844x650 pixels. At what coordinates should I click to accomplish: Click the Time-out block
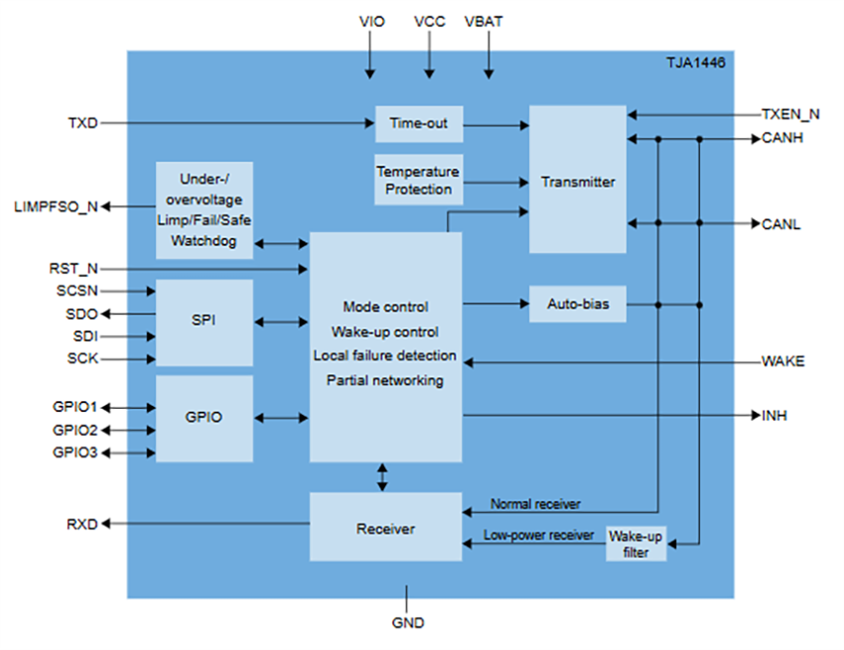(x=418, y=124)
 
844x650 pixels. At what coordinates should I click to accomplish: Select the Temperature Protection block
(x=418, y=180)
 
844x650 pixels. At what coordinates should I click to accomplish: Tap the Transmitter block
(x=577, y=181)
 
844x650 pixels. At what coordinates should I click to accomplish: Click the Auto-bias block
(x=577, y=305)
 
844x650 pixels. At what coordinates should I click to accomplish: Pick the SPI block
(x=204, y=322)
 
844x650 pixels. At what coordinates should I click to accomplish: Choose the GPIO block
(x=204, y=418)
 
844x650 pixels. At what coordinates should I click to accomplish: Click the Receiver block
(x=385, y=528)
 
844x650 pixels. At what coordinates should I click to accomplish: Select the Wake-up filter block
(x=635, y=543)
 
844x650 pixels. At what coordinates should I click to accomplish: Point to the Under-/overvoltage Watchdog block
(x=204, y=210)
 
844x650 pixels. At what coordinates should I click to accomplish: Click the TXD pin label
(x=82, y=124)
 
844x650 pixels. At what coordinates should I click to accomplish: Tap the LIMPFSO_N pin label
(x=56, y=206)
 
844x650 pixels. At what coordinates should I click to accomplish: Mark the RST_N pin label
(x=73, y=268)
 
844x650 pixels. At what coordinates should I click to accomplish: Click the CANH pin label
(x=781, y=139)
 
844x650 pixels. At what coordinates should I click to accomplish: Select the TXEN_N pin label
(x=789, y=114)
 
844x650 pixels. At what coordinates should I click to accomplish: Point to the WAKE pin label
(x=782, y=361)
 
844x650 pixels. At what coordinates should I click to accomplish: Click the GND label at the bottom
(x=408, y=623)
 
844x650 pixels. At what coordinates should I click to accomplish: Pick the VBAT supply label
(x=489, y=22)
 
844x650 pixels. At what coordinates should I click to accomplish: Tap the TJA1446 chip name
(x=695, y=62)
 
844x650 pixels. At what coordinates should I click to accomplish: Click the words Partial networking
(x=385, y=380)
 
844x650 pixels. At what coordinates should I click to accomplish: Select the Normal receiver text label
(x=535, y=504)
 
